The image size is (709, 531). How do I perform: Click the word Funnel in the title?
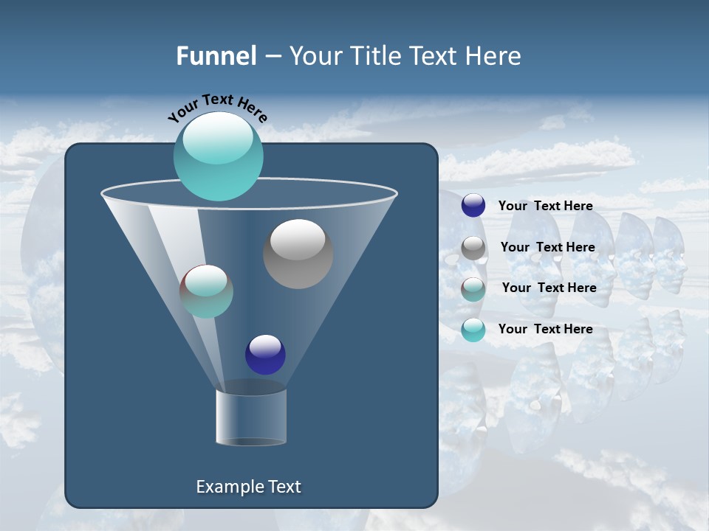(216, 56)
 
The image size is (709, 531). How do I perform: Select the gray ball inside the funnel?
(298, 254)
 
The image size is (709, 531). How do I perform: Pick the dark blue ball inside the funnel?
(265, 354)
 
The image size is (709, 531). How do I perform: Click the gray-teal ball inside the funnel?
(206, 291)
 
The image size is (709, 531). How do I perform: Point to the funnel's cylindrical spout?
(250, 416)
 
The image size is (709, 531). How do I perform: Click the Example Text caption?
(248, 487)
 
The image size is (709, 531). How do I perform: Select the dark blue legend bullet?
(473, 206)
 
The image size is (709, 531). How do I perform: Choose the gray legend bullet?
(473, 248)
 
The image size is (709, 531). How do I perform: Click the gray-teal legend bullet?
(473, 288)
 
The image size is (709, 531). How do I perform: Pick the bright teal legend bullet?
(473, 329)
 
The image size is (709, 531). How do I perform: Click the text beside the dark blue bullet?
(545, 206)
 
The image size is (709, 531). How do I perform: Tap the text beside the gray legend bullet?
(547, 248)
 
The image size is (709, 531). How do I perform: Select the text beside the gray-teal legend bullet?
(549, 288)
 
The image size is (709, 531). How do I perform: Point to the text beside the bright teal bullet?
(545, 329)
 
